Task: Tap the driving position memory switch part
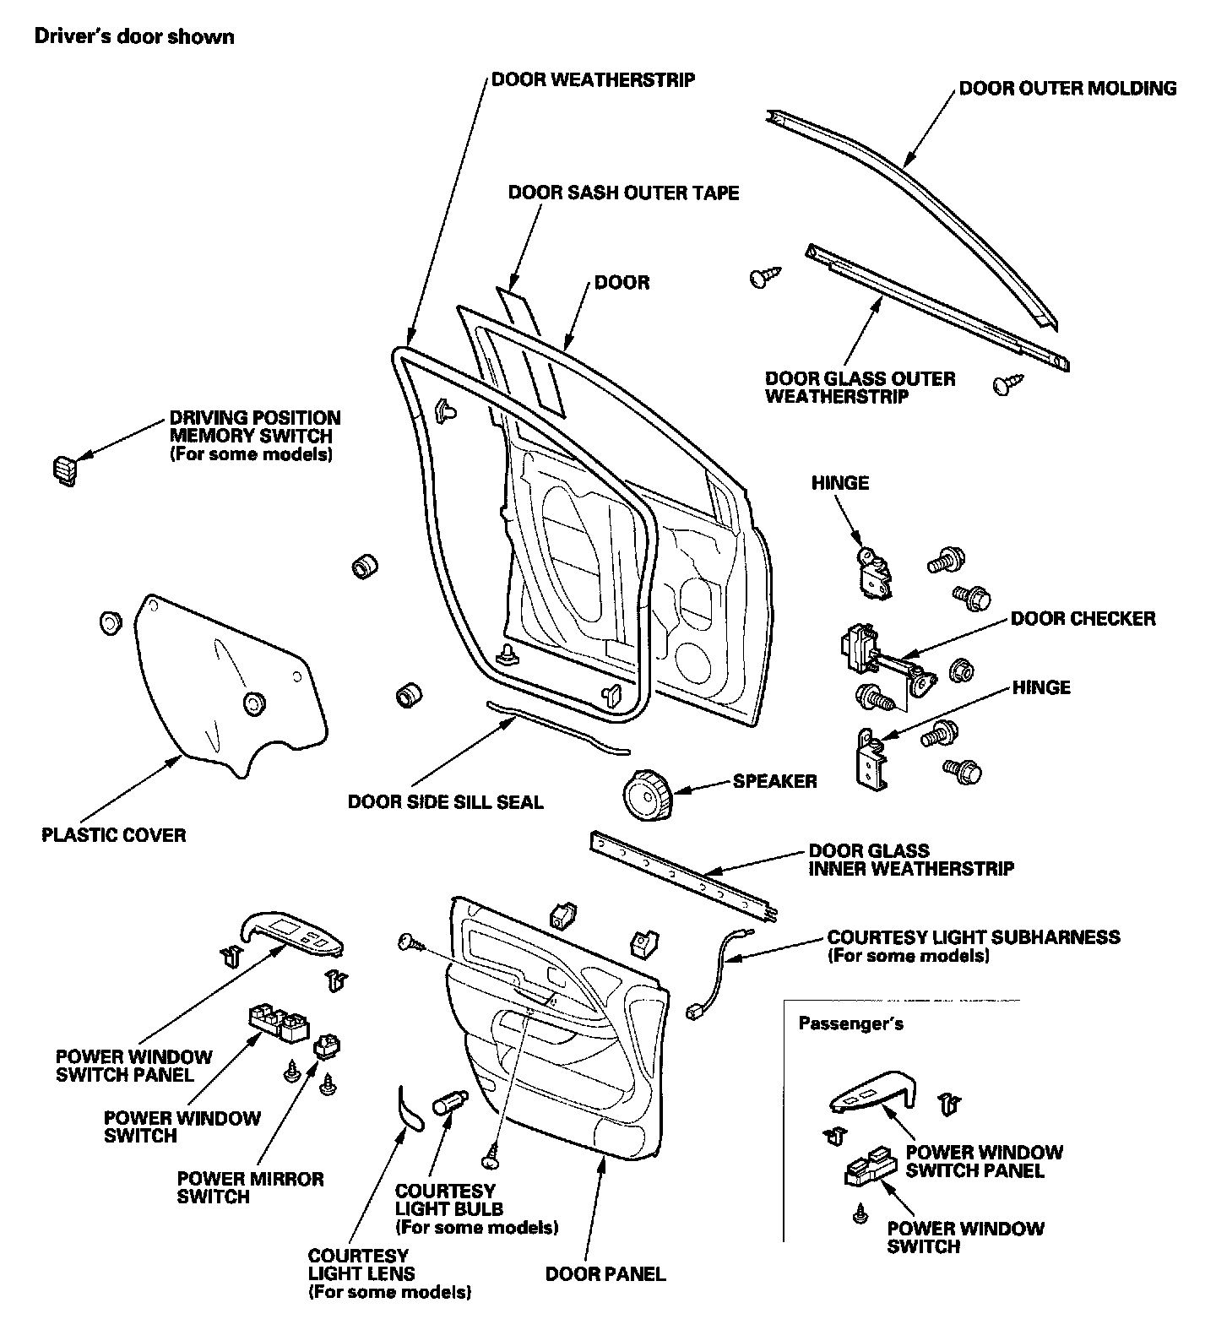tap(63, 470)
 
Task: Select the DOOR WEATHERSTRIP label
tap(593, 80)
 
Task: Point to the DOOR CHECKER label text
tap(1083, 618)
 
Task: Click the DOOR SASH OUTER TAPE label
tap(623, 193)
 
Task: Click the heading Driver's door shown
tap(133, 36)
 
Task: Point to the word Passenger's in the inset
tap(850, 1023)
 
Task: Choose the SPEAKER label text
tap(774, 781)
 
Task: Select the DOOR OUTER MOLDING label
tap(1067, 88)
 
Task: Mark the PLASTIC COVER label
tap(113, 835)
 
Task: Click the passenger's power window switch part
tap(871, 1170)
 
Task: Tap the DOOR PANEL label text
tap(605, 1273)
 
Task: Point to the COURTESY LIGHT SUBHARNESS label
tap(973, 936)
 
